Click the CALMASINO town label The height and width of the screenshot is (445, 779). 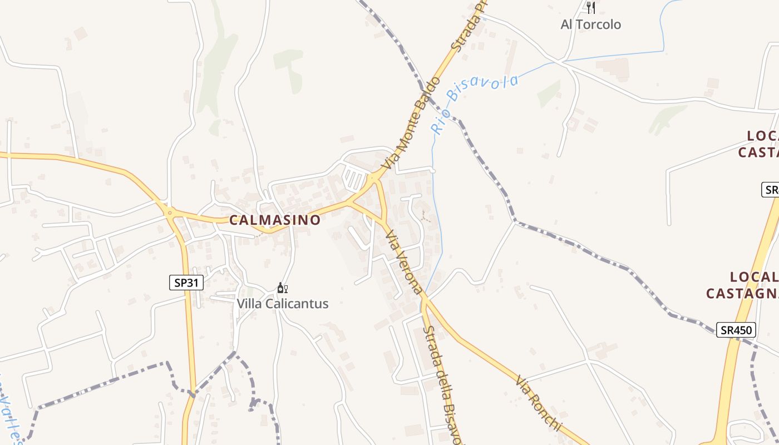tap(275, 220)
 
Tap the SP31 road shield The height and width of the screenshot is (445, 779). tap(186, 283)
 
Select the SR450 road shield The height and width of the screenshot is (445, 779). tap(736, 330)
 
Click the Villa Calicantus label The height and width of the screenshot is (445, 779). tap(283, 304)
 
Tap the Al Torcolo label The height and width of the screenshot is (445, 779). tap(590, 24)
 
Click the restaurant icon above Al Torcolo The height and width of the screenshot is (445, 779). tap(591, 8)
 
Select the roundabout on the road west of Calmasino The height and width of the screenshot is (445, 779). tap(169, 212)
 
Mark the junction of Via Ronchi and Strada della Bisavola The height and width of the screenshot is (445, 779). tap(425, 300)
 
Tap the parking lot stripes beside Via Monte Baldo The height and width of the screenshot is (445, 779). tap(354, 179)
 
